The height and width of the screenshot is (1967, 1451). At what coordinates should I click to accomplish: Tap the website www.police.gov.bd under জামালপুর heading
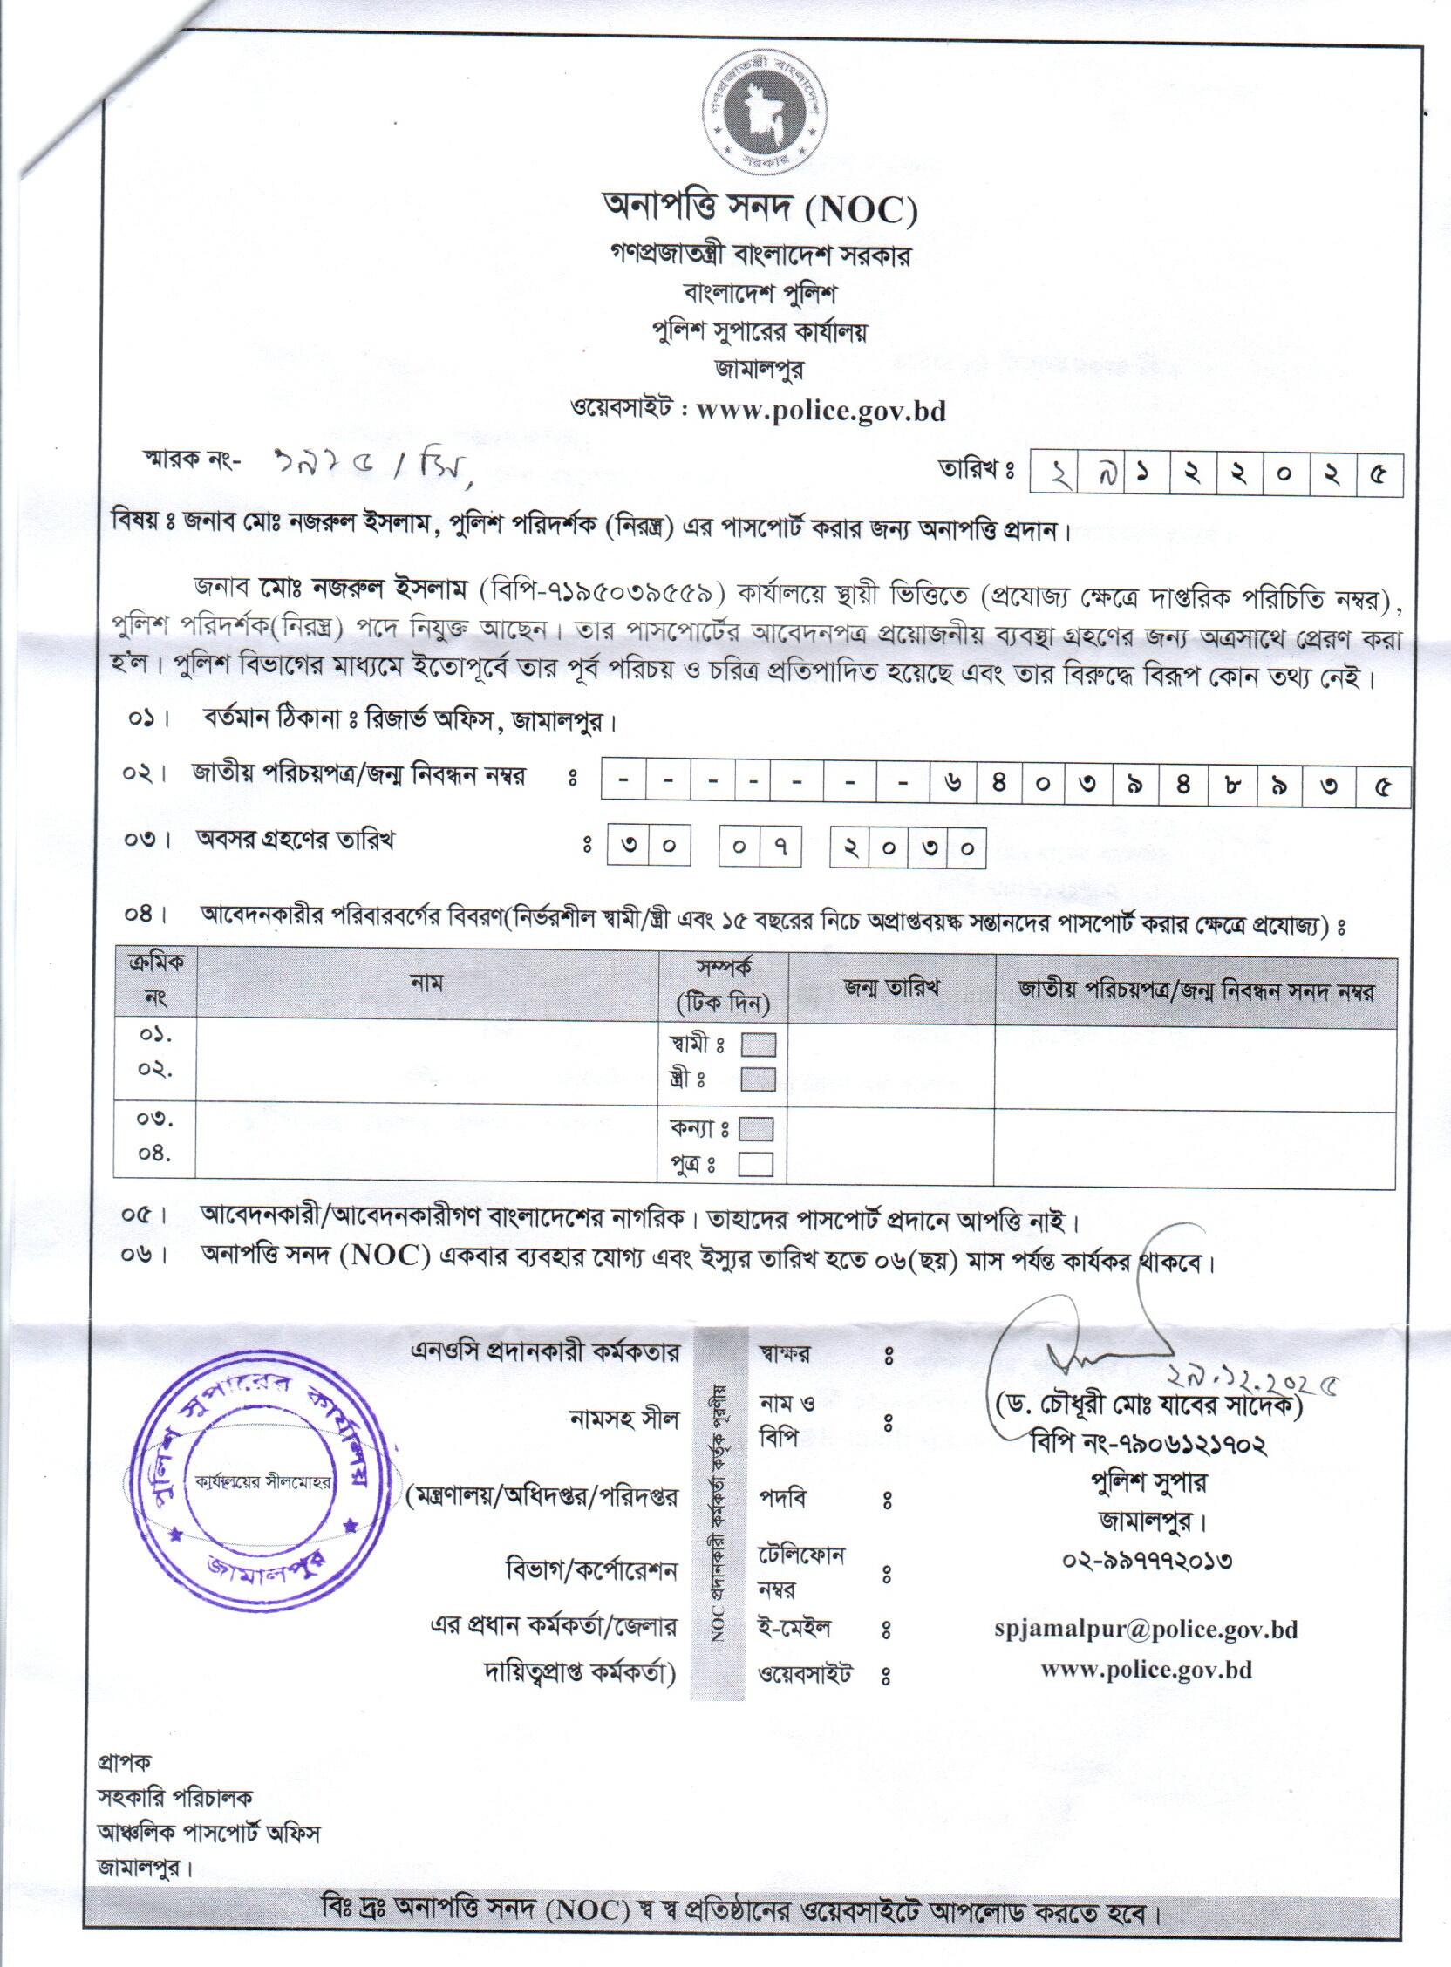821,411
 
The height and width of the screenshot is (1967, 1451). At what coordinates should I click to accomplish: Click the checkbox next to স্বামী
758,1045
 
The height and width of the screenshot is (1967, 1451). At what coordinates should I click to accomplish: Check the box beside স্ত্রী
758,1079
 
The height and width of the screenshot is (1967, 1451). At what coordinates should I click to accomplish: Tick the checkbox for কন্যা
756,1128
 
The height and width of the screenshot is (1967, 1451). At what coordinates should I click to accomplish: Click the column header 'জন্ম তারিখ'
891,988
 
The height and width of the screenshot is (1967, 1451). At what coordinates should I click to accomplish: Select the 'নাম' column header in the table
427,983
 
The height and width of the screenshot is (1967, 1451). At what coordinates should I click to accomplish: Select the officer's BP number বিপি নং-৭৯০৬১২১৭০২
1148,1445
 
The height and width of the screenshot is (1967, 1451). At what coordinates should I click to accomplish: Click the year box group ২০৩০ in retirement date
908,847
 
